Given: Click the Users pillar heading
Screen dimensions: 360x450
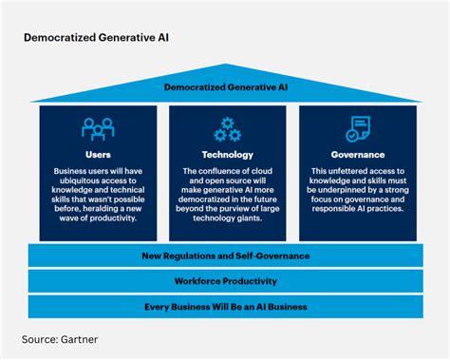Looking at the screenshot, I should (x=98, y=154).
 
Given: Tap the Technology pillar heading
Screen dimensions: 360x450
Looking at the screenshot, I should (x=227, y=154).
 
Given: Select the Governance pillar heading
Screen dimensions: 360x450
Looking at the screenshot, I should (x=357, y=154).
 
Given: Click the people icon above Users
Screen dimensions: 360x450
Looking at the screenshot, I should (x=98, y=129).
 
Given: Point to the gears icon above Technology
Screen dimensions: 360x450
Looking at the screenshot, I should (x=227, y=129).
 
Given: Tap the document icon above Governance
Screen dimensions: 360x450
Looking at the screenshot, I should (x=357, y=129).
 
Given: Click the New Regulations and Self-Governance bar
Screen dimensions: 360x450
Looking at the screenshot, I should (x=225, y=256).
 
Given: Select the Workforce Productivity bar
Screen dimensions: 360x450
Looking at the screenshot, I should (x=225, y=281).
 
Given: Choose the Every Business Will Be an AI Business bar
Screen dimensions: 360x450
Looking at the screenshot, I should (x=225, y=307).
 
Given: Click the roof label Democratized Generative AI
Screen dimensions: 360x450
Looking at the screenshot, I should (x=225, y=87).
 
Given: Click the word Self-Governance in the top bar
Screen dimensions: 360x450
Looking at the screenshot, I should (x=271, y=256).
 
